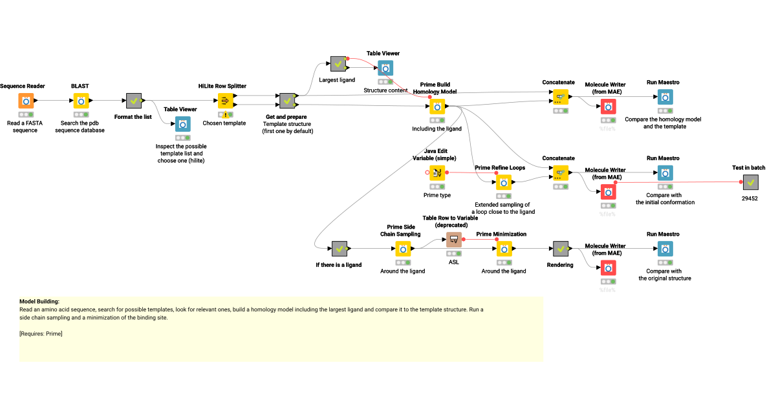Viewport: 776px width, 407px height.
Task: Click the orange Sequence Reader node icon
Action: tap(26, 101)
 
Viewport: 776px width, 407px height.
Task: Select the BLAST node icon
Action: tap(81, 101)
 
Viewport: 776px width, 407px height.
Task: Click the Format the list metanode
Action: tap(134, 101)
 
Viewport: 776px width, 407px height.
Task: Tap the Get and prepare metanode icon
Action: tap(288, 101)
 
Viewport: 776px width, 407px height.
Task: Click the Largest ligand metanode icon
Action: tap(338, 63)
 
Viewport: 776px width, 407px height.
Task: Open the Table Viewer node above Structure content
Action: tap(385, 68)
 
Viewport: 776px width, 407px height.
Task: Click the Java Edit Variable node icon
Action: tap(437, 172)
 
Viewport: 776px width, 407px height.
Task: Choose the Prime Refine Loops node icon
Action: tap(504, 182)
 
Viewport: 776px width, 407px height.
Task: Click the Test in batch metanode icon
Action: tap(750, 182)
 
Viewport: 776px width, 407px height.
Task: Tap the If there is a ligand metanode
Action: tap(339, 249)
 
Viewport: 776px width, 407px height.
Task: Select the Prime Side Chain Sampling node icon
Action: tap(404, 249)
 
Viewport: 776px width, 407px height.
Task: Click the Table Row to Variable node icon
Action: tap(454, 240)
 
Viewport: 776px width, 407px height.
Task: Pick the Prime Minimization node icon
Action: tap(504, 249)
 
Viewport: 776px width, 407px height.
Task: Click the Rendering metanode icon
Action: tap(560, 249)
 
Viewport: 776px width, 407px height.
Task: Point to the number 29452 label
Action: tap(749, 199)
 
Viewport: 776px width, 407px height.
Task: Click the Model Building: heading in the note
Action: tap(39, 302)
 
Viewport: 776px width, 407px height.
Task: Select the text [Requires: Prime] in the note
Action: tap(41, 333)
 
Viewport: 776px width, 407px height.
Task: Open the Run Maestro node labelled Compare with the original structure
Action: tap(665, 249)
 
